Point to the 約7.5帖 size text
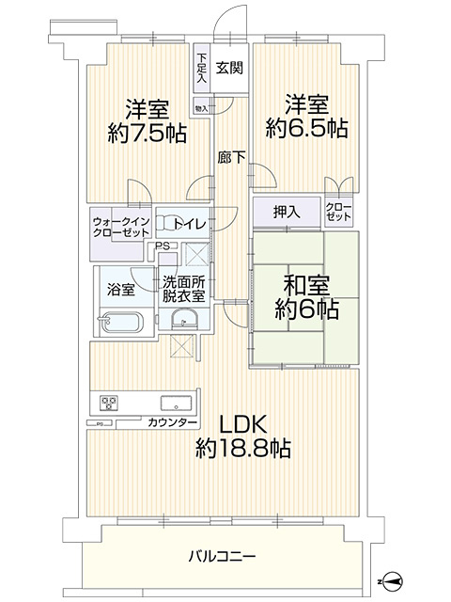146,134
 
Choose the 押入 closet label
288,212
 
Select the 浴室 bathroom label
121,290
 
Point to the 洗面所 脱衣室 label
184,288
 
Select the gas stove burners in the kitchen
107,404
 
